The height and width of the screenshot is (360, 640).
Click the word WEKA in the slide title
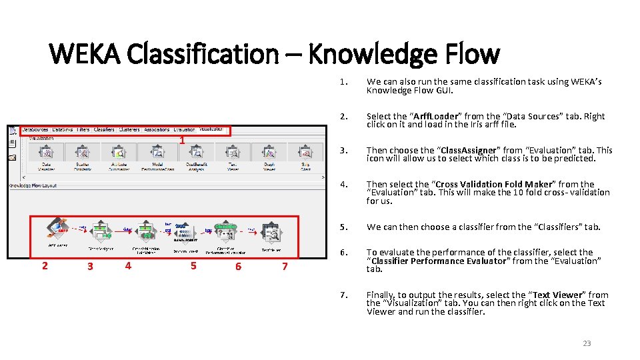[x=84, y=53]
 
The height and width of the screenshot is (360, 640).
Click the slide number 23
[x=587, y=343]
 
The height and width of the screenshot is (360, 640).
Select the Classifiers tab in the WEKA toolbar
[x=104, y=129]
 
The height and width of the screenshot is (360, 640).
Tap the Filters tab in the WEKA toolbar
[x=83, y=129]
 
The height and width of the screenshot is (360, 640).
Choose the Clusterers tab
[x=129, y=129]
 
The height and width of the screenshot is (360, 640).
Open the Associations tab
[x=157, y=129]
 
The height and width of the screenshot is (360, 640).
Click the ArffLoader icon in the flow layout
[x=57, y=229]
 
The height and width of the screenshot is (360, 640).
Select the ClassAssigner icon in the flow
[x=100, y=231]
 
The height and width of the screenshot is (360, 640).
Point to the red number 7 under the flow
[x=285, y=267]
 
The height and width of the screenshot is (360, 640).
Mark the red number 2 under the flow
[x=45, y=267]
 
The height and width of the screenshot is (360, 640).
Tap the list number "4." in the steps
[x=343, y=185]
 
